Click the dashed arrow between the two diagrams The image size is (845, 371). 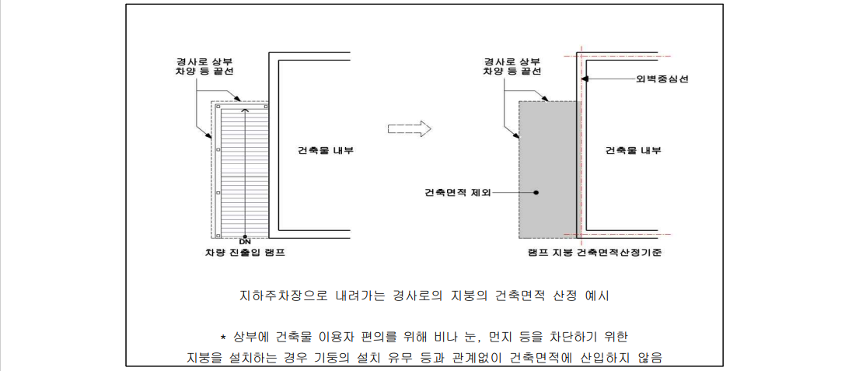409,128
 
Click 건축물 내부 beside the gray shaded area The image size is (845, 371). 633,150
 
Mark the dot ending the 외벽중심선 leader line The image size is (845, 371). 588,79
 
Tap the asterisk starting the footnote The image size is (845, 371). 223,337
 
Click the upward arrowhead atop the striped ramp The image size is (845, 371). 245,111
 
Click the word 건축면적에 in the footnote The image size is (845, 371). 539,358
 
